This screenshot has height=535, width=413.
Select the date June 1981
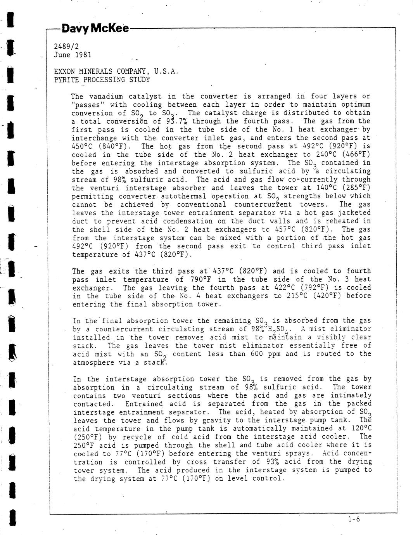73,55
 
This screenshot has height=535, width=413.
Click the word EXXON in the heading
64,72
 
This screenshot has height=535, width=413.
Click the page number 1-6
354,519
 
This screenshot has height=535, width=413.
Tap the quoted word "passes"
88,105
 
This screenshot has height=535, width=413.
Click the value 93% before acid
273,462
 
